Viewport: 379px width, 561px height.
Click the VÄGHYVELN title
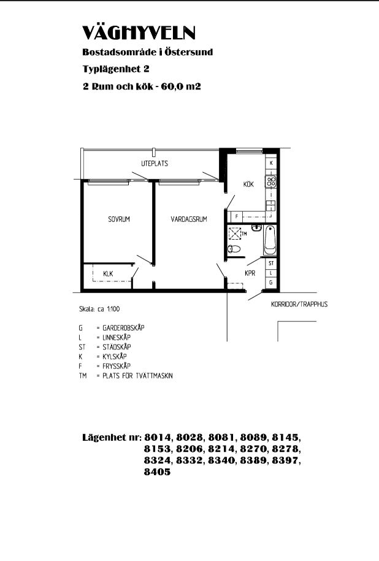(139, 33)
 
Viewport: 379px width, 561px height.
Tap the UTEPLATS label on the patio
(155, 164)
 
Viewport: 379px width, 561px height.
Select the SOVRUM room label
(119, 219)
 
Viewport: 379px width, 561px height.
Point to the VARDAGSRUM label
(189, 219)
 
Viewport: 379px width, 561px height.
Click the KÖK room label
(248, 184)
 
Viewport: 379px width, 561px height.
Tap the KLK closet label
(108, 273)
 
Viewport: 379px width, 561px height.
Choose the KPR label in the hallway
(250, 273)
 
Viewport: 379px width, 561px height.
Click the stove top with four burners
(271, 181)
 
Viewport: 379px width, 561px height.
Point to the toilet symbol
(234, 249)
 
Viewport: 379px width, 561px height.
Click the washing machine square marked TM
(235, 234)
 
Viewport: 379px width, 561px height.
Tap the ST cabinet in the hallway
(271, 263)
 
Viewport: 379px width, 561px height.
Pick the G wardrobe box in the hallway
(271, 282)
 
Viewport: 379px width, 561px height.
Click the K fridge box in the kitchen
(271, 163)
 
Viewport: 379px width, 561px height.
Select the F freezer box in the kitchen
(237, 216)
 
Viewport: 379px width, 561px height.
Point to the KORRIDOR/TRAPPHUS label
(299, 304)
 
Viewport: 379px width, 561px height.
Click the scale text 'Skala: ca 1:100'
(99, 309)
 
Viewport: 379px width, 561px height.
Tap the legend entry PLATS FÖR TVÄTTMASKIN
(137, 376)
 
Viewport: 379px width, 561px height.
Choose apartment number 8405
(157, 472)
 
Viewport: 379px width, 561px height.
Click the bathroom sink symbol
(256, 227)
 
